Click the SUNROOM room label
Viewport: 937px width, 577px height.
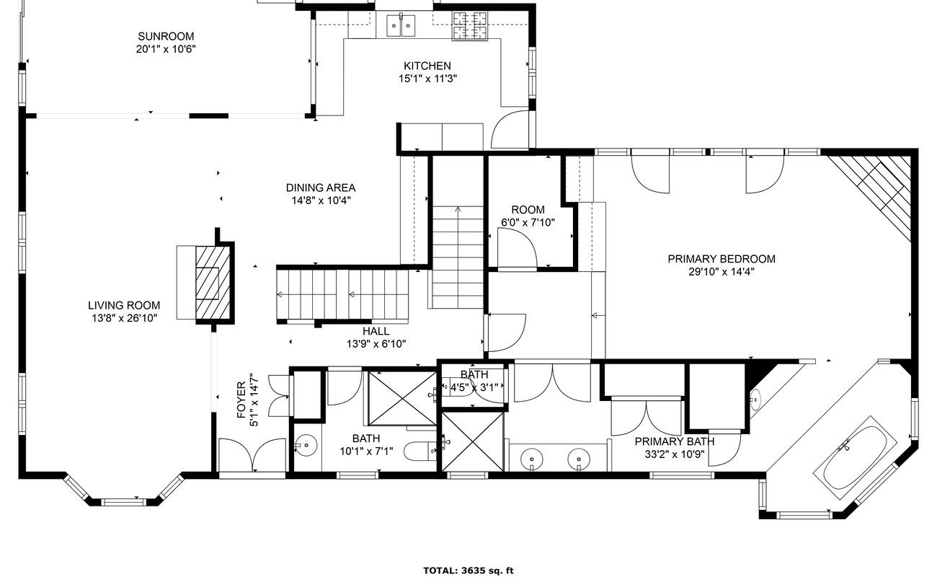[x=166, y=37]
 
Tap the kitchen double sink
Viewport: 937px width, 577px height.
[x=401, y=25]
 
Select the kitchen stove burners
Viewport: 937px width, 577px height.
[x=470, y=26]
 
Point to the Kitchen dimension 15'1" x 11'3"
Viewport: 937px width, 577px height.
[x=427, y=79]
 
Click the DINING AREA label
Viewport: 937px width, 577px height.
[x=321, y=188]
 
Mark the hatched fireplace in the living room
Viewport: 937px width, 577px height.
[x=213, y=283]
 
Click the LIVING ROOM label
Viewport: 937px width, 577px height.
[x=124, y=305]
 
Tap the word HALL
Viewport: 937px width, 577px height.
[x=376, y=331]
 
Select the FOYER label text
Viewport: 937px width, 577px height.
[x=241, y=400]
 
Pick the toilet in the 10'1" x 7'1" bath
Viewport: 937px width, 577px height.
[x=420, y=451]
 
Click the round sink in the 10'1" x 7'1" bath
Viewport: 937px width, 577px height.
[x=306, y=445]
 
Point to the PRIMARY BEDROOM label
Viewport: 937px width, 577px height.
[x=721, y=259]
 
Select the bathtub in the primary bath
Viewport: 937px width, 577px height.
[x=855, y=458]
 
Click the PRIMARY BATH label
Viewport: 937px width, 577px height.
[x=675, y=441]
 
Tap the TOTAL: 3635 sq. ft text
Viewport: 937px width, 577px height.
[x=468, y=571]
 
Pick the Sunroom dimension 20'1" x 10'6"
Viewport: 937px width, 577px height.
[x=166, y=50]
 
